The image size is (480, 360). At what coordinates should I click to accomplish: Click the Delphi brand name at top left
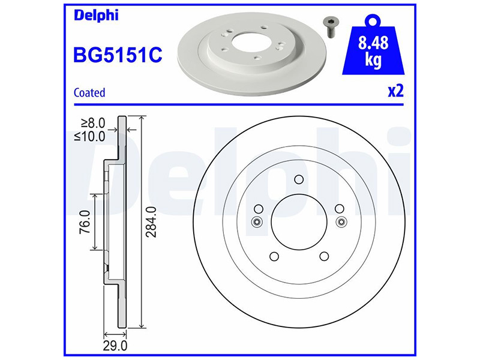click(96, 16)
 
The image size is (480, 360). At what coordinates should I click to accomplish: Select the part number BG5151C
click(118, 55)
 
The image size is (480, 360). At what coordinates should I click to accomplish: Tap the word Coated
click(89, 92)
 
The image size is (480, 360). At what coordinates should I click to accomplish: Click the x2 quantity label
click(396, 91)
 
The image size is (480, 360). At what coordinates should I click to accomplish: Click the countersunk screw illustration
click(329, 28)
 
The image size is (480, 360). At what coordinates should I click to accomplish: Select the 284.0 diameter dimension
click(151, 222)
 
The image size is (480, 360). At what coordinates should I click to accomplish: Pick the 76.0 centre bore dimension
click(85, 222)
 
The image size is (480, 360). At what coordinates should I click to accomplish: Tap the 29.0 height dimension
click(115, 346)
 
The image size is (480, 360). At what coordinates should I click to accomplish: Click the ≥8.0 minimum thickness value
click(93, 123)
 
